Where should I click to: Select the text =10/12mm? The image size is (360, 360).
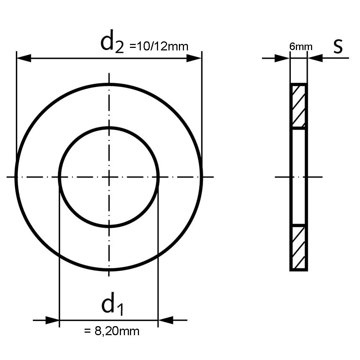pos(159,46)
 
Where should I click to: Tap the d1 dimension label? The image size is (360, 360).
pos(112,304)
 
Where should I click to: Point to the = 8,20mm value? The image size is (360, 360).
pos(112,331)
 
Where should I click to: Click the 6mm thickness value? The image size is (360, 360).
pos(301,46)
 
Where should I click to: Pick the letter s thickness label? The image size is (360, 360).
pos(338,46)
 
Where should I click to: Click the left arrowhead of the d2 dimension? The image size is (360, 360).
pos(24,58)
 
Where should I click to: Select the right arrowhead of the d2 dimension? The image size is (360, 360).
pos(194,58)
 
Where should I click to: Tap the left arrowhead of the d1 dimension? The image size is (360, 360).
pos(52,320)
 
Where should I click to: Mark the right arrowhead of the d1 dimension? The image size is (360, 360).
pos(166,320)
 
